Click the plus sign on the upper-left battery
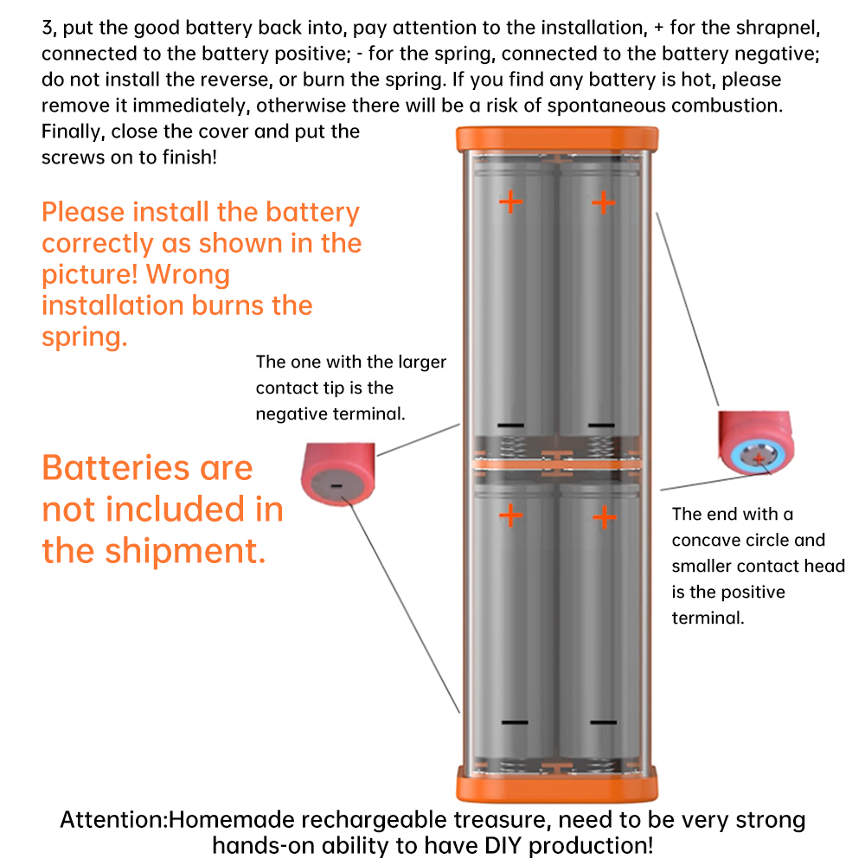click(511, 202)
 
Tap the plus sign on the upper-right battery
click(604, 202)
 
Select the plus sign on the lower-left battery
click(511, 516)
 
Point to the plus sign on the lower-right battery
click(605, 517)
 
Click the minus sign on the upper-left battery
click(511, 426)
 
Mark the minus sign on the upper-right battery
click(601, 426)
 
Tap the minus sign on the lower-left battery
click(515, 722)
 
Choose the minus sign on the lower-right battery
click(604, 722)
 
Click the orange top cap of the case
click(557, 139)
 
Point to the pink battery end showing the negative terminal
click(337, 474)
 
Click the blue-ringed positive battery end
click(756, 443)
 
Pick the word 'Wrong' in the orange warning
click(188, 275)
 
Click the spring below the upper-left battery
click(512, 447)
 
